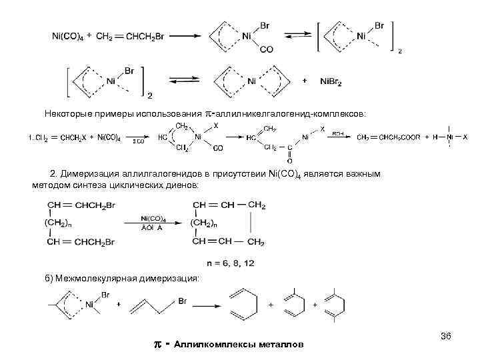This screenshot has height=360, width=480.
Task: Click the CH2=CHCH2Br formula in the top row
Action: (x=131, y=37)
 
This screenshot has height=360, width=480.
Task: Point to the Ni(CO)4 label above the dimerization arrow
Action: (x=153, y=218)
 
